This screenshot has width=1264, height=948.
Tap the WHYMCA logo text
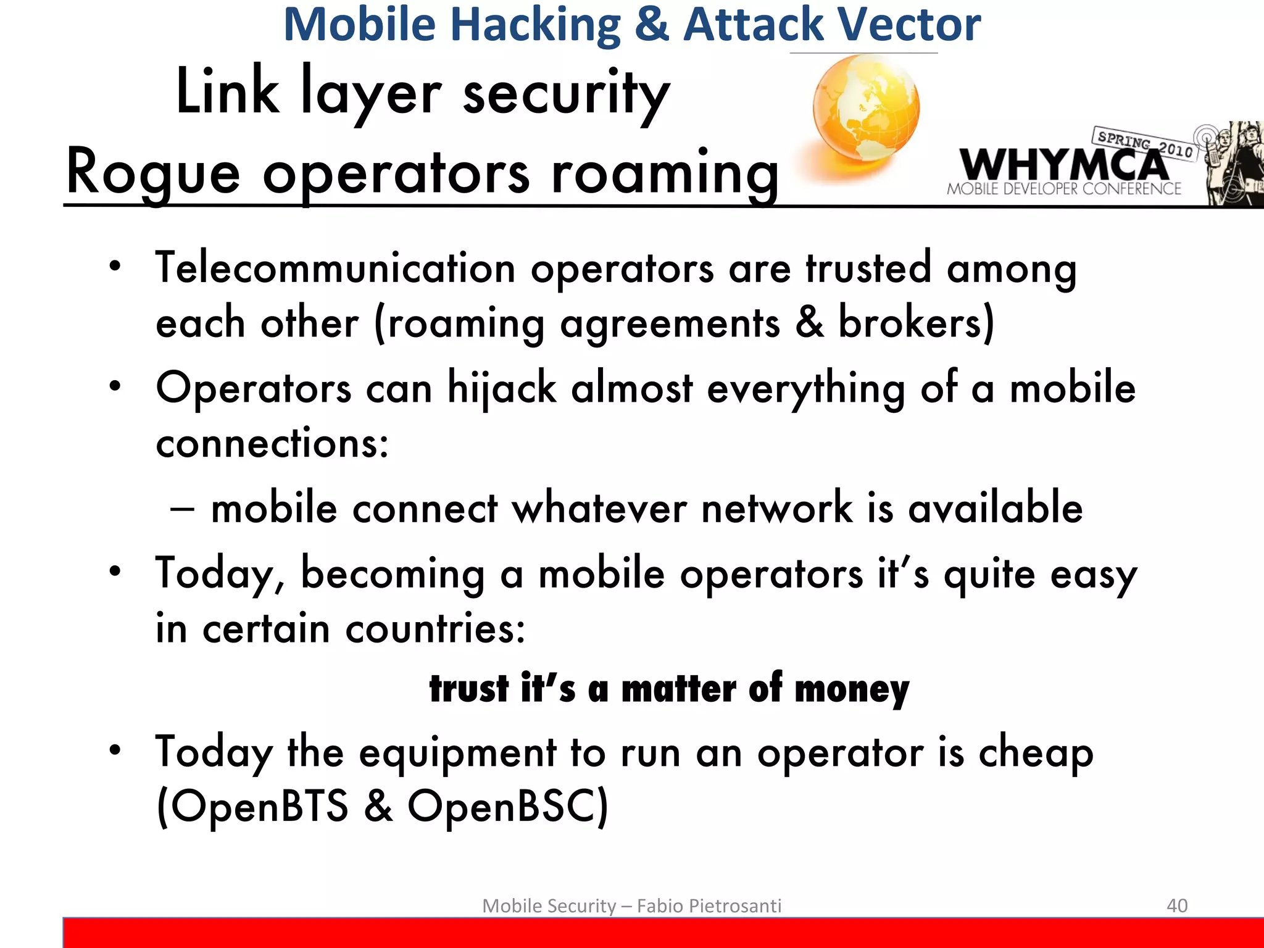(1063, 165)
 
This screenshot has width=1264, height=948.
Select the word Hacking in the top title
(535, 25)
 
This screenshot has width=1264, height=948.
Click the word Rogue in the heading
(152, 173)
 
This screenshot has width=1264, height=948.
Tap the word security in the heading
(566, 93)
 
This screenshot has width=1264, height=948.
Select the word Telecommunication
(335, 268)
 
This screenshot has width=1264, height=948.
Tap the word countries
(434, 630)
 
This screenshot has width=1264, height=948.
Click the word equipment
(457, 753)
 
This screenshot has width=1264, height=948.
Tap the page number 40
(1177, 905)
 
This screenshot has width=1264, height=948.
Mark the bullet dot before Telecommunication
(115, 267)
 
